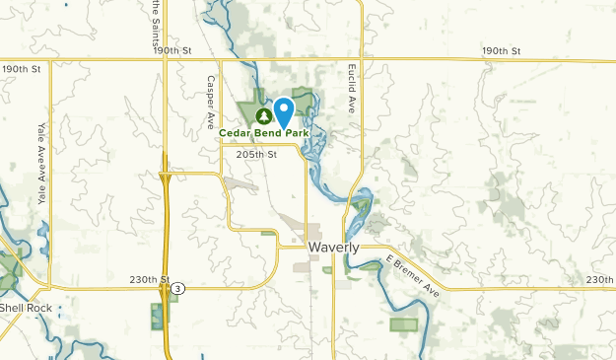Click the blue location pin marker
(x=284, y=111)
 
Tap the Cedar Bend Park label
(x=277, y=133)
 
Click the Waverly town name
(x=333, y=248)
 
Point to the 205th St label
(x=257, y=154)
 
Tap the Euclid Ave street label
(x=350, y=89)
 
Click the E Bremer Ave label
(x=412, y=277)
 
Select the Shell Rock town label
(x=25, y=307)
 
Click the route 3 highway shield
(x=177, y=288)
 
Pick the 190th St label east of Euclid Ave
(x=501, y=50)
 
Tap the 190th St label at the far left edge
(x=22, y=69)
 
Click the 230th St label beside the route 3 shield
(x=150, y=280)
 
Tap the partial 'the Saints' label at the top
(x=156, y=20)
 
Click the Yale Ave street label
(x=42, y=151)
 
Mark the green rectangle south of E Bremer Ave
(x=404, y=324)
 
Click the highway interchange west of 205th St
(x=165, y=181)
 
